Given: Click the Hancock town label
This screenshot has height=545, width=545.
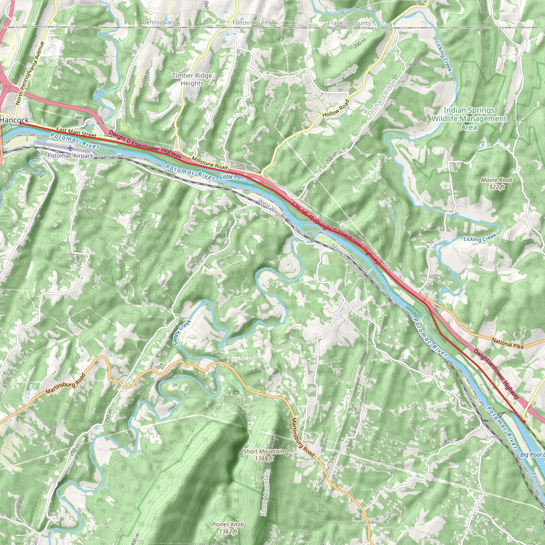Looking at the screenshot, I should click(15, 120).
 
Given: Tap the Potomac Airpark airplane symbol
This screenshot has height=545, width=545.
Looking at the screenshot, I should click(70, 148).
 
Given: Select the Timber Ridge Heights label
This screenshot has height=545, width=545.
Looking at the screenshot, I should click(192, 79).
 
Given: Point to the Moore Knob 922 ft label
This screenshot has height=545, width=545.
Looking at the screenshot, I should click(497, 183).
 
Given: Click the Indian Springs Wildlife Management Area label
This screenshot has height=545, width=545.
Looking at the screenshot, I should click(469, 119).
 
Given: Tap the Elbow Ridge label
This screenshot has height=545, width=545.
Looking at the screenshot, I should click(341, 75).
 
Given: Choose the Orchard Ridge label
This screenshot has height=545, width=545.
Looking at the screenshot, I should click(382, 98).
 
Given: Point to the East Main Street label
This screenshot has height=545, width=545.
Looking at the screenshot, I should click(76, 132).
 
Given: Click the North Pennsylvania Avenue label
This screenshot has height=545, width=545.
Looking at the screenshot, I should click(30, 73).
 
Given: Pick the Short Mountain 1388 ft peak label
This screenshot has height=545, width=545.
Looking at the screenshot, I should click(264, 455).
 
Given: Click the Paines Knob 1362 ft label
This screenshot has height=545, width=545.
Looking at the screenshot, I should click(228, 528).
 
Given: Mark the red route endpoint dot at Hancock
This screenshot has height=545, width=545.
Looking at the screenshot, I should click(20, 123).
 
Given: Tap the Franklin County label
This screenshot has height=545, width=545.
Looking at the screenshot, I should click(349, 23).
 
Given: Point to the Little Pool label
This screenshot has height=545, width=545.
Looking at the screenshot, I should click(233, 177).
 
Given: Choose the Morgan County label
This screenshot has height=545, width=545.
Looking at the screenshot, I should click(347, 260).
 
